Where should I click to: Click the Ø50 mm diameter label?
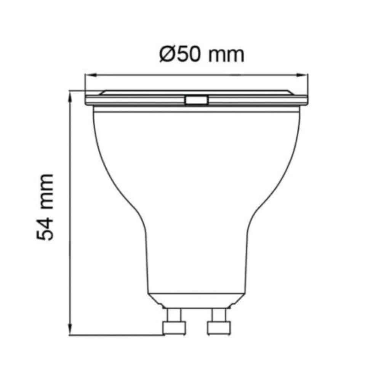coord(202,54)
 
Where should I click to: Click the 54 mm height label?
coord(45,207)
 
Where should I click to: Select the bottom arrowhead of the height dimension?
coord(70,329)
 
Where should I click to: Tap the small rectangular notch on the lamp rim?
coord(197,100)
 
